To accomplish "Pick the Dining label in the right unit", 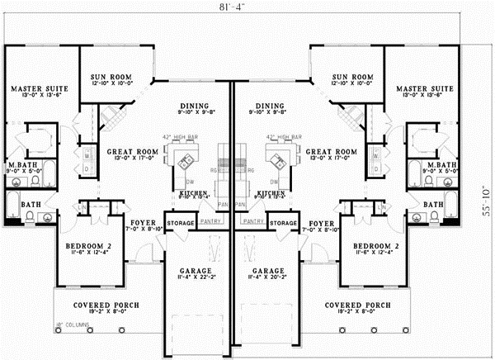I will pos(269,107).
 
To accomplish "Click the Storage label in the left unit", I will pos(179,223).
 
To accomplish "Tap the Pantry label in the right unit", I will pos(253,223).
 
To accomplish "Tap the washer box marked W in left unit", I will pos(87,154).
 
